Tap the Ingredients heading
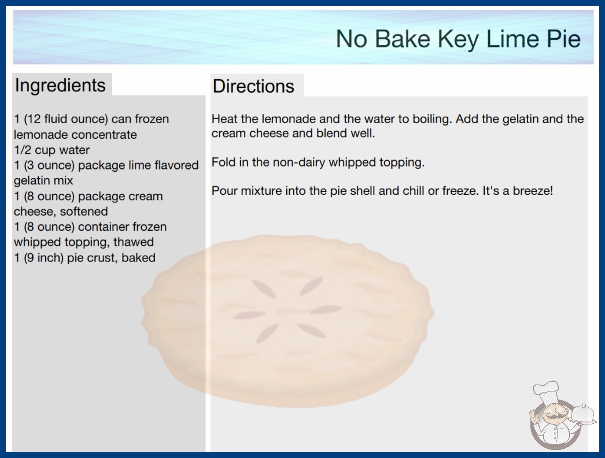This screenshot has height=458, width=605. [x=60, y=86]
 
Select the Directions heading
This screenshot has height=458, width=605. [x=253, y=86]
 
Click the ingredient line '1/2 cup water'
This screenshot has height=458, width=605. [x=51, y=150]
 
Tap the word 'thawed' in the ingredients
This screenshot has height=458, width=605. [x=134, y=242]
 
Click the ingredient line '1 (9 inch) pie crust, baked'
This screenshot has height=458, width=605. [x=84, y=257]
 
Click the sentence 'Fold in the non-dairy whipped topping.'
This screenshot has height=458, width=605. [x=318, y=162]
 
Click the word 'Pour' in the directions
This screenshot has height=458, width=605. [x=224, y=191]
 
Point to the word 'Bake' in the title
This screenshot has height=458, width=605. [x=403, y=39]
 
